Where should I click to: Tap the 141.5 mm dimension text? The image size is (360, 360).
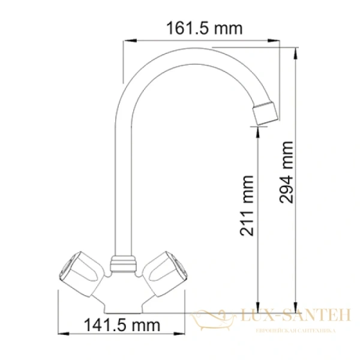[x=122, y=325]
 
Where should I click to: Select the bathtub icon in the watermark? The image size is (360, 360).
[x=214, y=316]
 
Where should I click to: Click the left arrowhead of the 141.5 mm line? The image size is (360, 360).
[x=59, y=334]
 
